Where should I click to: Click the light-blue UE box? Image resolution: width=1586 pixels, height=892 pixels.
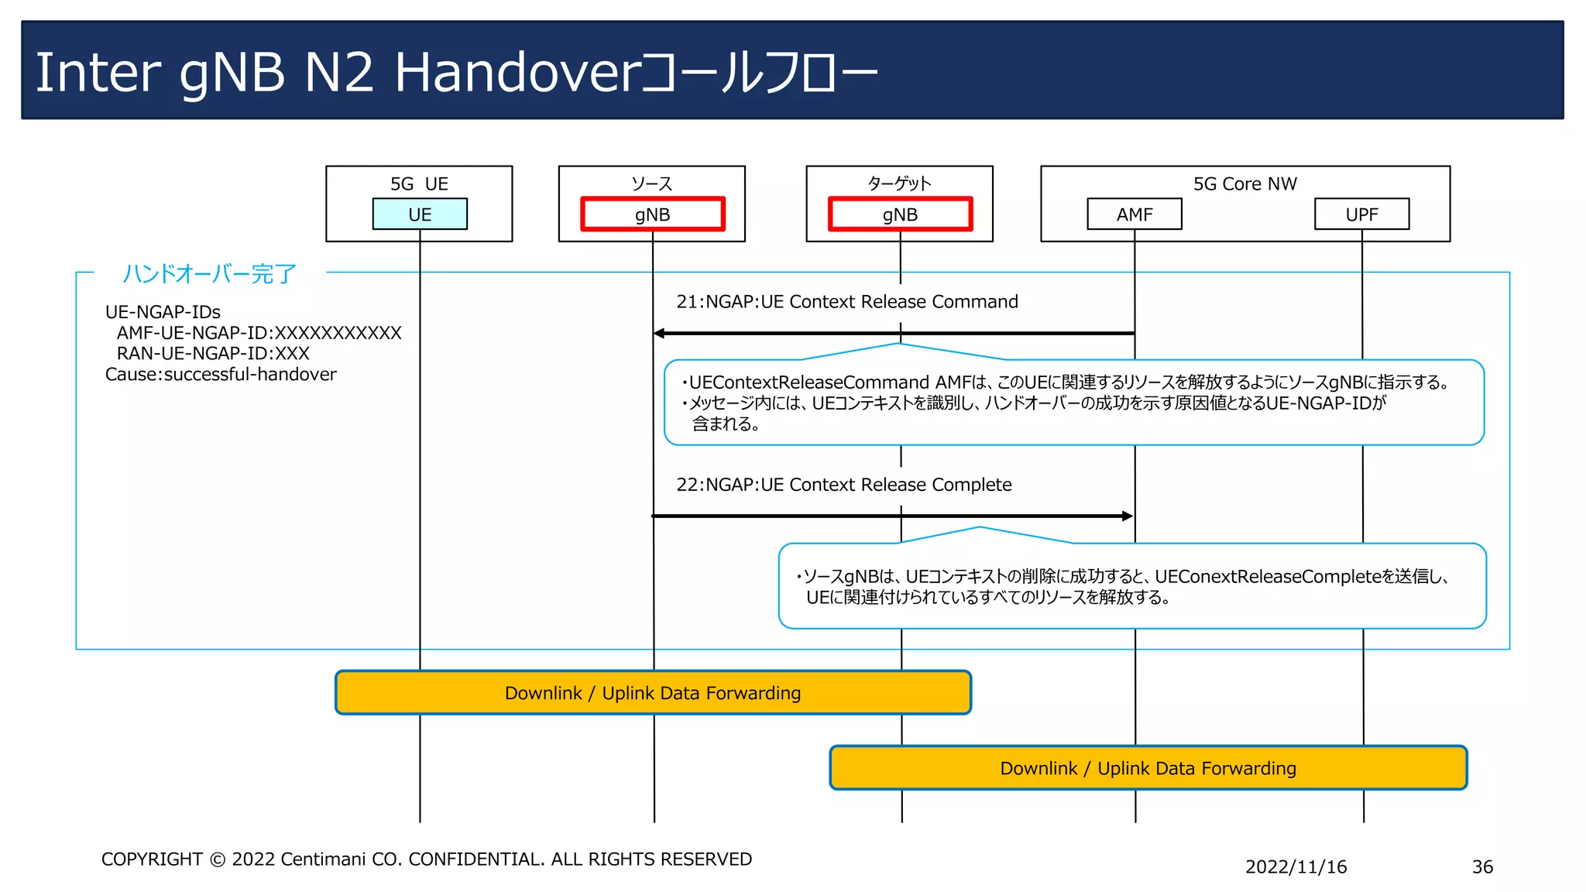(x=420, y=214)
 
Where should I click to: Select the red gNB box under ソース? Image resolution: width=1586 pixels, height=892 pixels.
(x=652, y=214)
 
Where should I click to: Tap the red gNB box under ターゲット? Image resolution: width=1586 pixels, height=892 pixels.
(x=900, y=214)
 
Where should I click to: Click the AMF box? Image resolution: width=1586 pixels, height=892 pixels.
(x=1135, y=214)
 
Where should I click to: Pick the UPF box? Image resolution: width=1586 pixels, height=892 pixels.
(x=1361, y=214)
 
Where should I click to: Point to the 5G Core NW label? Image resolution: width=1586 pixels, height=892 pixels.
(x=1244, y=184)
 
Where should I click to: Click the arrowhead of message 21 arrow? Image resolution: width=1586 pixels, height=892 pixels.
(x=659, y=334)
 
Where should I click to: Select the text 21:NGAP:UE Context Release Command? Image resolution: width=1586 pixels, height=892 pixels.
(x=846, y=302)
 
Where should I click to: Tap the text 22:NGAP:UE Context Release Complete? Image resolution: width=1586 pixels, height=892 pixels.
(x=843, y=485)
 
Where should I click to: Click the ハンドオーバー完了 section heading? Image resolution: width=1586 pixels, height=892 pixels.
(x=209, y=273)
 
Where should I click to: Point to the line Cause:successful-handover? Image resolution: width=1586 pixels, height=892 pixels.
(x=221, y=375)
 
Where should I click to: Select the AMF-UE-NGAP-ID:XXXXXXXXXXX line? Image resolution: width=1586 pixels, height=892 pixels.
(x=259, y=333)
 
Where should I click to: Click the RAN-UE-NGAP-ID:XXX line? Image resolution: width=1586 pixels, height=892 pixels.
(x=212, y=354)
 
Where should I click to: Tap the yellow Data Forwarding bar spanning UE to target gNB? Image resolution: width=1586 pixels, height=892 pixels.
(x=652, y=693)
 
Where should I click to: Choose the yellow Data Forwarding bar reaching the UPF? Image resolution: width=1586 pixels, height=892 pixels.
(x=1148, y=768)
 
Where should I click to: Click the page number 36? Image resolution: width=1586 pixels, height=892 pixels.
(x=1482, y=867)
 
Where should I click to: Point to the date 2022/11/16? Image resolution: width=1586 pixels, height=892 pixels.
(x=1296, y=867)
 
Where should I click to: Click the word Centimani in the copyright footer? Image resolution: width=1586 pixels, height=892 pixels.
(x=323, y=859)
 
